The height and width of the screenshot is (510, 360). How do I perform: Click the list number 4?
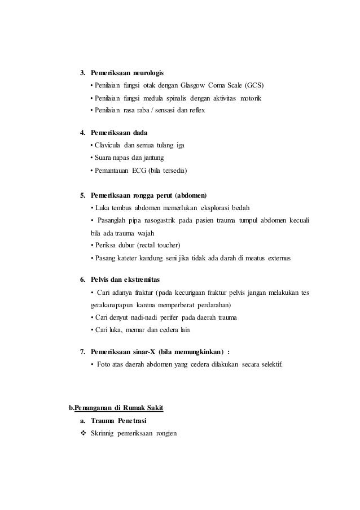click(x=82, y=134)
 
